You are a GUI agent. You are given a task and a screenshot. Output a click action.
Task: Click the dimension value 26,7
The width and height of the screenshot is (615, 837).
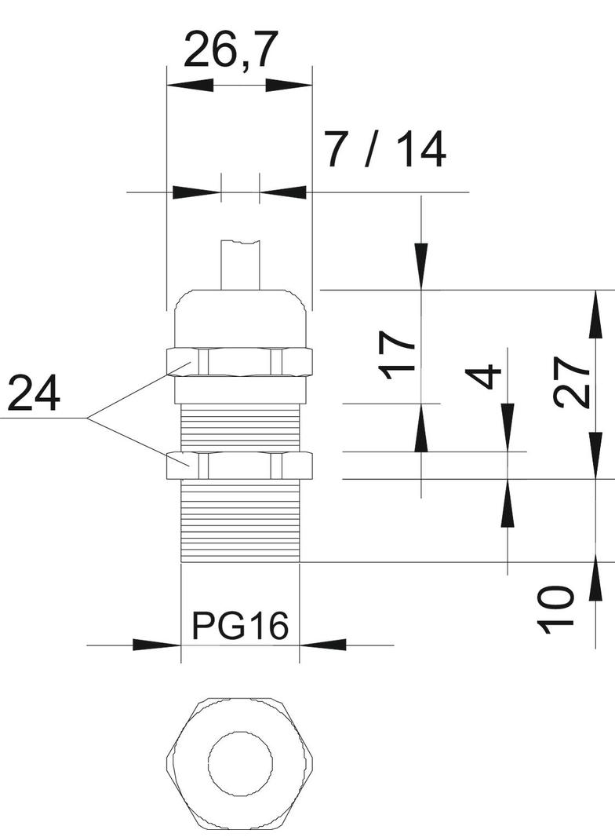(231, 52)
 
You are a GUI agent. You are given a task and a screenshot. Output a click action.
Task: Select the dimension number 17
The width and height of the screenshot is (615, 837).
(398, 355)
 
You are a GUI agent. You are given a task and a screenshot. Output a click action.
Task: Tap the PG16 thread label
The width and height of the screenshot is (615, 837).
(240, 627)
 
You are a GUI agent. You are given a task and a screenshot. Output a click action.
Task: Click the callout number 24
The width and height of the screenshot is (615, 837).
(34, 394)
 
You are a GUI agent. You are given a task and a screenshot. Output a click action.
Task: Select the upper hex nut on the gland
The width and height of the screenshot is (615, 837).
(239, 360)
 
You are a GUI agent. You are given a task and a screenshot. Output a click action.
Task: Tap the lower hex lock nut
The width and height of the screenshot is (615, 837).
(239, 465)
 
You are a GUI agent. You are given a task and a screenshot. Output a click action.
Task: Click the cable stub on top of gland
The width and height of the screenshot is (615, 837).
(240, 264)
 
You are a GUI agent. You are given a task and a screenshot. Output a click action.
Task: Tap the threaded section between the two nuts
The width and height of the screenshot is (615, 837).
(239, 428)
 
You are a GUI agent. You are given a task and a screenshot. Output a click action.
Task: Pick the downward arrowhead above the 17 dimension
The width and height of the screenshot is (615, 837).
(421, 266)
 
